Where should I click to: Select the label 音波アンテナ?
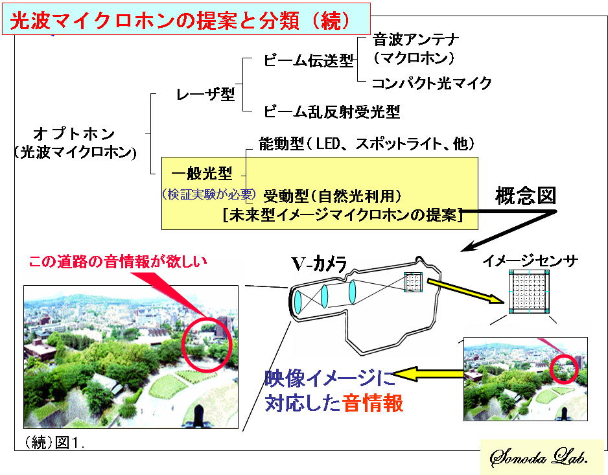(x=416, y=40)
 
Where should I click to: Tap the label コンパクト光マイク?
(x=432, y=83)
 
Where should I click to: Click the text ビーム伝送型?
(x=309, y=60)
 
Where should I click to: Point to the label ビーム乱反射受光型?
(x=332, y=111)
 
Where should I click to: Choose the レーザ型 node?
(x=205, y=94)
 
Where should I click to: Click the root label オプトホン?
(x=74, y=134)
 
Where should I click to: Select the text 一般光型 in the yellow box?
(x=202, y=173)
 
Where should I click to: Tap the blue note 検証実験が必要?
(x=209, y=194)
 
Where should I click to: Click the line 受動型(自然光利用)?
(x=333, y=196)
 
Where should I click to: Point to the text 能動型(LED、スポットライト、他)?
(x=367, y=144)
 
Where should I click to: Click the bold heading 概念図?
(x=526, y=196)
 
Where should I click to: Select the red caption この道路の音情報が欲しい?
(x=118, y=262)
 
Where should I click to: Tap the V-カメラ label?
(x=319, y=264)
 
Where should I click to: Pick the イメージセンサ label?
(x=530, y=261)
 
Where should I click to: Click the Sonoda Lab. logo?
(x=539, y=458)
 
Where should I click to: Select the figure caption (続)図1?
(x=54, y=443)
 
